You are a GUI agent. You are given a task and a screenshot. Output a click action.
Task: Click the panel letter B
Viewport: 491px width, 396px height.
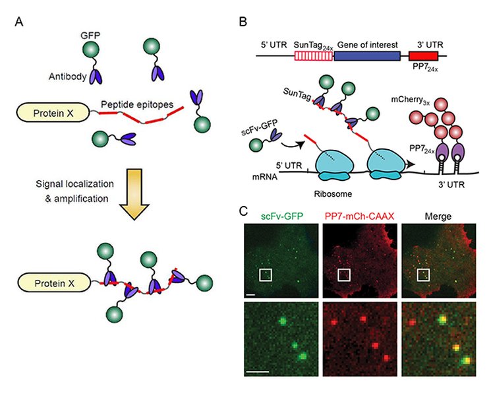click(x=243, y=22)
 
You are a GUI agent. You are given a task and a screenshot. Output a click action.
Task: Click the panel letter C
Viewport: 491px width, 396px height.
click(x=243, y=213)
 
